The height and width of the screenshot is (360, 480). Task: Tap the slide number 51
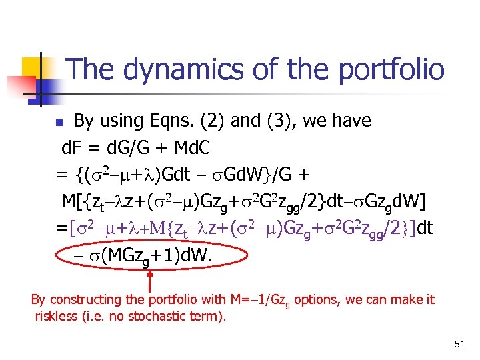[459, 344]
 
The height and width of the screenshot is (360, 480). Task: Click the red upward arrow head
[149, 273]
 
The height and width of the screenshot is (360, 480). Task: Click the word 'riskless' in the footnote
[53, 315]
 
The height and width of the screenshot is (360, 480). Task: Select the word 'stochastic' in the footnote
[157, 315]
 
